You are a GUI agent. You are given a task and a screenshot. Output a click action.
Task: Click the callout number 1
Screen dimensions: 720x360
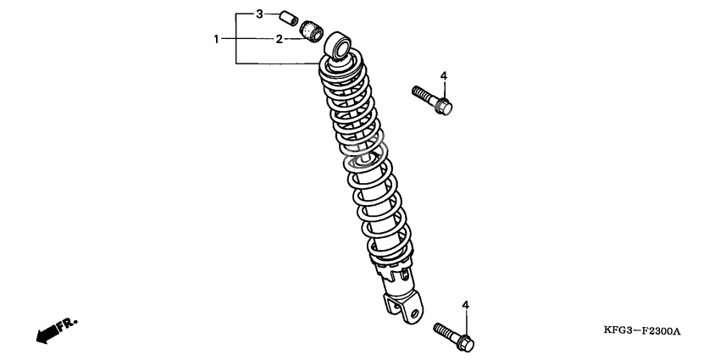click(x=216, y=40)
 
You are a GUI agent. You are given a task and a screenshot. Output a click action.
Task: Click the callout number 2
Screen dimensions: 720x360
click(x=280, y=40)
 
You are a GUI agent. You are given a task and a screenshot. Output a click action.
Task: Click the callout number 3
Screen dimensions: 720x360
click(x=259, y=14)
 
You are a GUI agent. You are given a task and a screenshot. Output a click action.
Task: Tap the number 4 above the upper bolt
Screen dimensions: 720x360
click(x=444, y=75)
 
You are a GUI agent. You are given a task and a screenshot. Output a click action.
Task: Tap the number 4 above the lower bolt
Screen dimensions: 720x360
click(x=466, y=305)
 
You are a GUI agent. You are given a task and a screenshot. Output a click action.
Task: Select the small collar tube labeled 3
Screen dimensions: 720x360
click(x=289, y=19)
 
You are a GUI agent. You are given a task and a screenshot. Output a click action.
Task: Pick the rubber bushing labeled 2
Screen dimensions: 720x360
click(x=312, y=31)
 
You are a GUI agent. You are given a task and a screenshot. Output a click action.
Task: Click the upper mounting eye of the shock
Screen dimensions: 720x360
click(x=338, y=45)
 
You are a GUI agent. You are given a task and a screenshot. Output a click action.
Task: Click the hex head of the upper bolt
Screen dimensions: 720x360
click(x=444, y=107)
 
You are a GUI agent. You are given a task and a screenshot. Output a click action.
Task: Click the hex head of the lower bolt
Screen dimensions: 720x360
click(x=465, y=342)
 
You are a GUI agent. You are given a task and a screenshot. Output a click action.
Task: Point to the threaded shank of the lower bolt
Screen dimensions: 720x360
click(x=446, y=331)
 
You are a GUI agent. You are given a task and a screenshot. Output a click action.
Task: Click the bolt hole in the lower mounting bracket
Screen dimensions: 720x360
click(x=415, y=313)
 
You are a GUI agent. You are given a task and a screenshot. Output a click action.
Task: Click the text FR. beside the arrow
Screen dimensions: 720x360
click(x=67, y=324)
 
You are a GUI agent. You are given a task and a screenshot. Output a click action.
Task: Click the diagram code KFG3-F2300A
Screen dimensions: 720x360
click(x=641, y=331)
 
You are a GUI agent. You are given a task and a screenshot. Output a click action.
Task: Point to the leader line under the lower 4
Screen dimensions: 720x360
click(x=466, y=324)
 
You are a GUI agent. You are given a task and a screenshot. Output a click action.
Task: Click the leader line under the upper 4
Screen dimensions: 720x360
click(x=444, y=91)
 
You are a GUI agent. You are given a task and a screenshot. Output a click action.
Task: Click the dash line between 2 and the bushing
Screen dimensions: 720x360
click(x=294, y=40)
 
